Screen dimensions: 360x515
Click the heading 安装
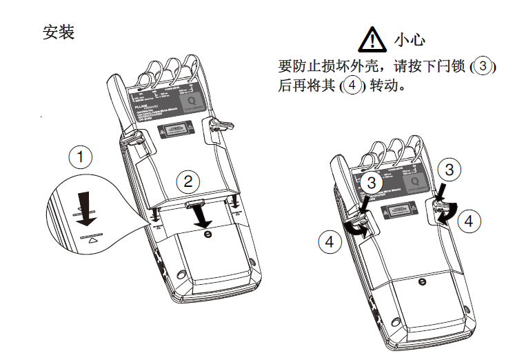pos(59,32)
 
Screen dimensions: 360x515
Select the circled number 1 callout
pos(81,158)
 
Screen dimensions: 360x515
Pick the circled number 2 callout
pos(188,182)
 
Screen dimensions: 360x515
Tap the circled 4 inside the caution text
pos(352,86)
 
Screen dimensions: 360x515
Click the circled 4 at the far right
pos(469,221)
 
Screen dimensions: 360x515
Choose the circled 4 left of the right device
pos(329,241)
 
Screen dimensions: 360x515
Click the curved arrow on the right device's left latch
pos(355,230)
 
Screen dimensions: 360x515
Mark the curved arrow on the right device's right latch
pos(445,214)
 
